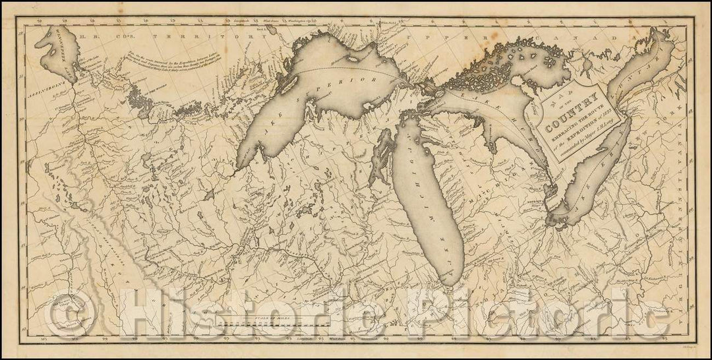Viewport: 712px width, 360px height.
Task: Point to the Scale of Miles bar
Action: click(x=276, y=324)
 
